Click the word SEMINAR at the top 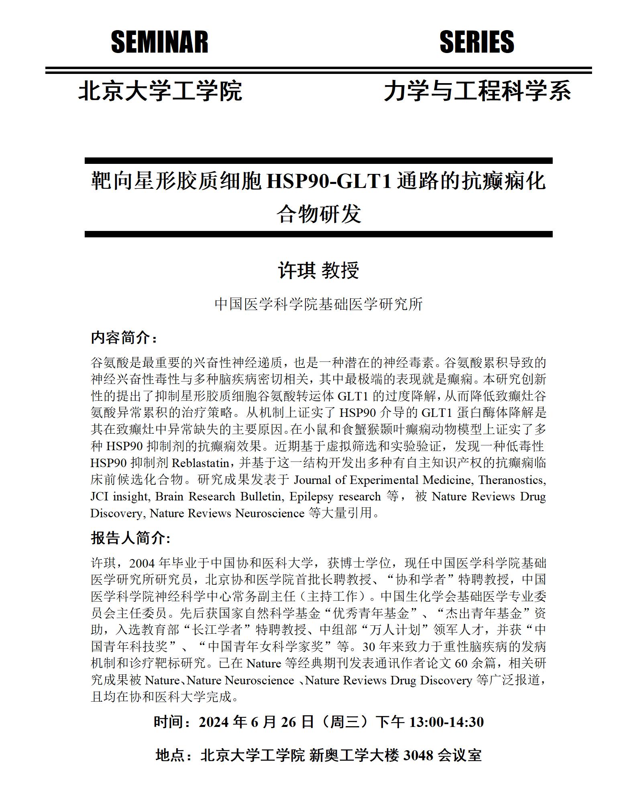[x=159, y=42]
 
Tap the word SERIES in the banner [x=476, y=42]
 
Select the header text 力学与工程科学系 [x=477, y=91]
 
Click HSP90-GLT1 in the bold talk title [x=329, y=182]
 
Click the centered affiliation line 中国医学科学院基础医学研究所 [x=318, y=304]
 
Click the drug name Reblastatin [x=200, y=463]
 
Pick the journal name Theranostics [x=512, y=480]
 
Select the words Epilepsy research [x=335, y=497]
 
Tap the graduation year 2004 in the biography [x=143, y=563]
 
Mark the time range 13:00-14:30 [x=446, y=722]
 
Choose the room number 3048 [x=418, y=755]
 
